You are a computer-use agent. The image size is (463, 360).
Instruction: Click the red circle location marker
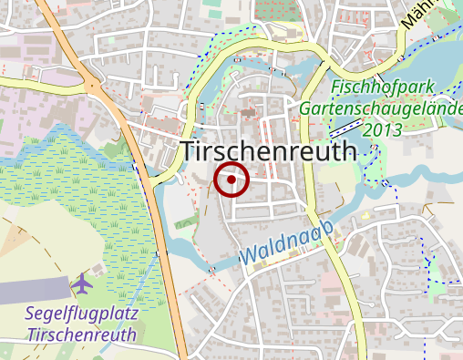[x=232, y=180]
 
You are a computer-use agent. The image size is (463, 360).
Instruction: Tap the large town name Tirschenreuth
[x=269, y=152]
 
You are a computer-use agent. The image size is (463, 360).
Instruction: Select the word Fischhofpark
[x=382, y=88]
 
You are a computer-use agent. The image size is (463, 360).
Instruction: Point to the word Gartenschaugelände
[x=381, y=109]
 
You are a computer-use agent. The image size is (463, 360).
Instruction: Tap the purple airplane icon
[x=82, y=283]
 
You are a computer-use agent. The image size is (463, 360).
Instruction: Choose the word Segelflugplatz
[x=82, y=314]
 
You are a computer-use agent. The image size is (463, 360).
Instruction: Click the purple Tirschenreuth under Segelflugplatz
[x=81, y=334]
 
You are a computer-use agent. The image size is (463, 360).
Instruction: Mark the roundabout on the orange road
[x=92, y=86]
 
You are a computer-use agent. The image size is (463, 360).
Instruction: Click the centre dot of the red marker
[x=232, y=180]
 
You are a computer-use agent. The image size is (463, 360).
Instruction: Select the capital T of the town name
[x=191, y=152]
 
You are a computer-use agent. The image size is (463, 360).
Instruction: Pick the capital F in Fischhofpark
[x=336, y=88]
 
